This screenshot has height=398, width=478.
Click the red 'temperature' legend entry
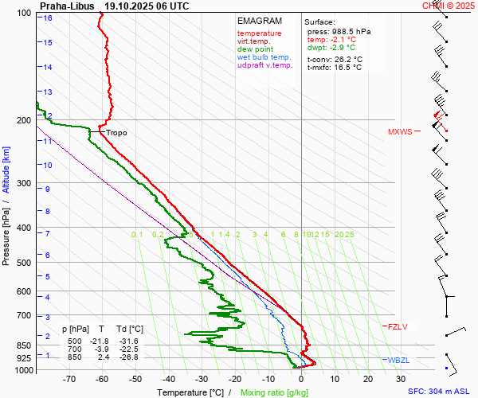259,33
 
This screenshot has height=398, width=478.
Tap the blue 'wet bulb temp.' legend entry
264,57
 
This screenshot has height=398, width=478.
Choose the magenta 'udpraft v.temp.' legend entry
265,65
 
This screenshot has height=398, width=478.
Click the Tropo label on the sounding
116,133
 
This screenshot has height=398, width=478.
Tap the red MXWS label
400,132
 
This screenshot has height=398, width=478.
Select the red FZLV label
397,326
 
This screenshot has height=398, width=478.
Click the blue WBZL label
398,361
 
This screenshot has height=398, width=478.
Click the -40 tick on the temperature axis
168,380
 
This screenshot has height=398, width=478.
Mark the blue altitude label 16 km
49,18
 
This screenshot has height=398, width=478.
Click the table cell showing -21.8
99,341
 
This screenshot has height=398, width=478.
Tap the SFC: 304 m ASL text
438,392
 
